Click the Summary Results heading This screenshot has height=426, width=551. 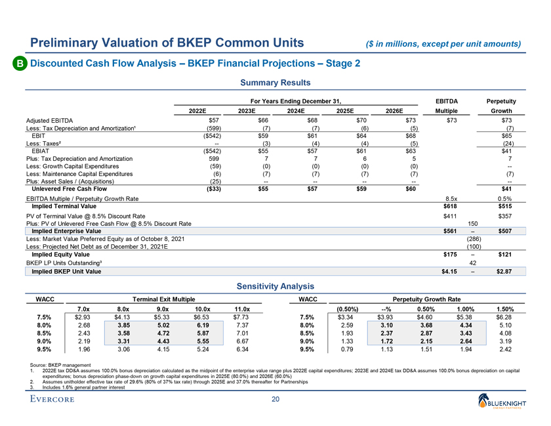[275, 83]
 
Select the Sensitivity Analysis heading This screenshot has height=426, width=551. [275, 286]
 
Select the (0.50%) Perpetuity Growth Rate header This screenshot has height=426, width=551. [346, 309]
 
